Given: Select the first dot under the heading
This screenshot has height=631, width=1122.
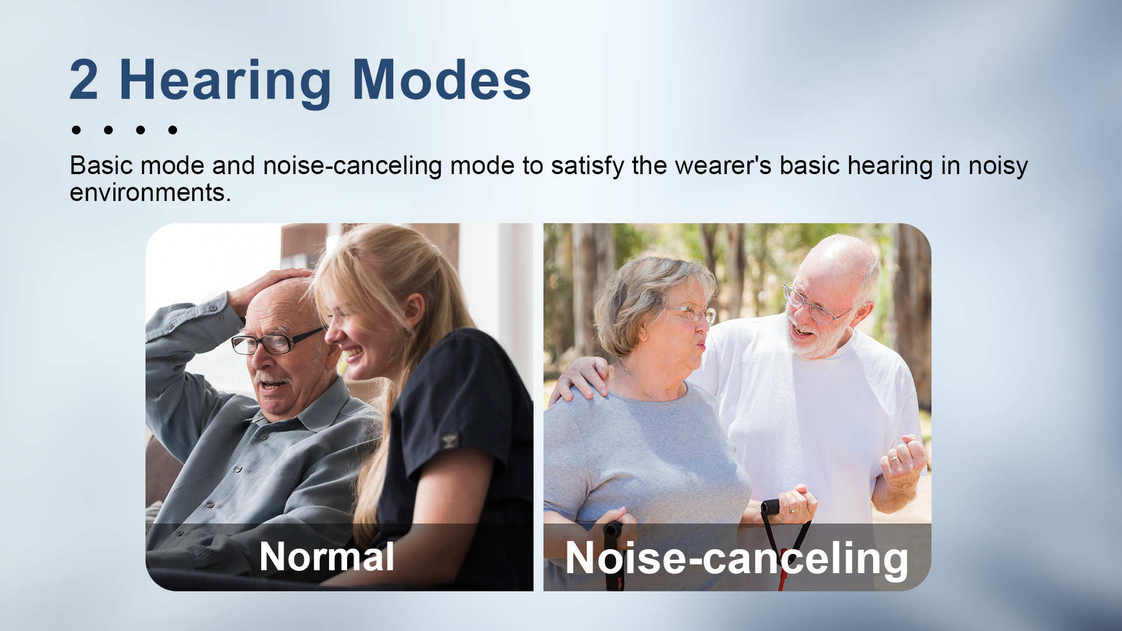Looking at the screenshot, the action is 76,130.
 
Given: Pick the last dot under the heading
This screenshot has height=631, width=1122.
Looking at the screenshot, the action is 172,130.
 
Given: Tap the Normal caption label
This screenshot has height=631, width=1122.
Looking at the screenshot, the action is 327,556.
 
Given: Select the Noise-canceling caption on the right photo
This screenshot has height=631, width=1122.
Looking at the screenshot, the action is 737,559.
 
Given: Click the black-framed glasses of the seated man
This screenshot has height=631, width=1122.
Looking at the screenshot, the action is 275,341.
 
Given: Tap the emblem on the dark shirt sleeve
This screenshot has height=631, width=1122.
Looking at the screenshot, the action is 449,441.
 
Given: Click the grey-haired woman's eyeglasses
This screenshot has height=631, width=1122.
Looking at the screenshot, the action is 693,314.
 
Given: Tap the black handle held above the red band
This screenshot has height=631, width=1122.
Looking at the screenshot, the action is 771,507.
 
